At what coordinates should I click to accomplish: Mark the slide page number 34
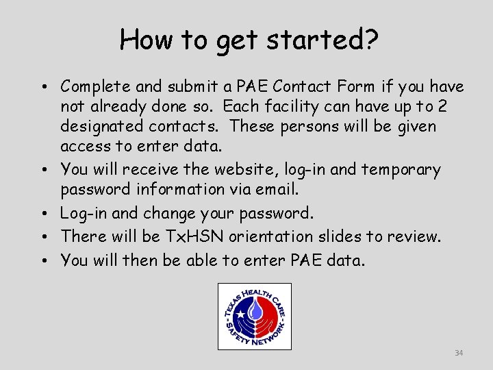point(459,353)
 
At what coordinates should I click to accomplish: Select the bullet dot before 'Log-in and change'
point(42,213)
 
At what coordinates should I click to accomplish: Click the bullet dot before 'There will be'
point(42,236)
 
